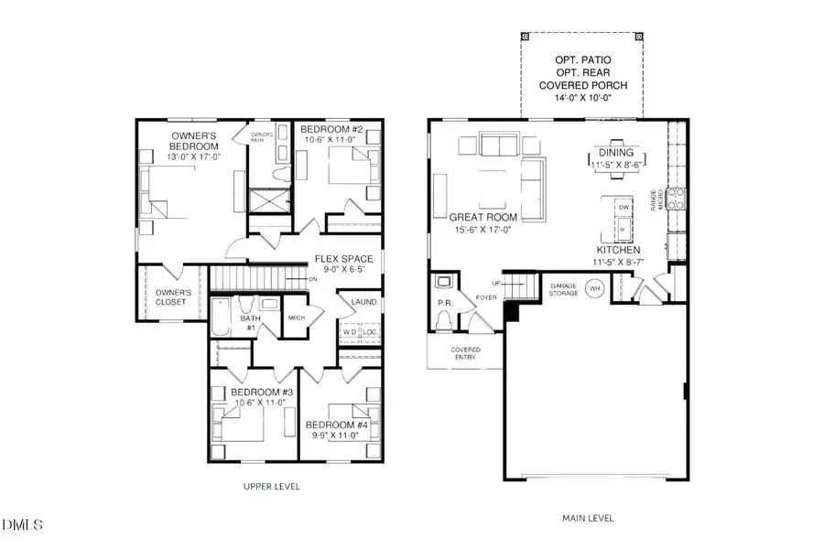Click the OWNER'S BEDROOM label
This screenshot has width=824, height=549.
tap(193, 141)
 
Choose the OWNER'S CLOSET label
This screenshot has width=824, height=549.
tap(164, 296)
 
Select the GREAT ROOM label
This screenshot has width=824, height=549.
tap(482, 217)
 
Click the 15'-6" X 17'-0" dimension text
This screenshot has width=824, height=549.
tap(482, 230)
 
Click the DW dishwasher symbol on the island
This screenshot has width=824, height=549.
tap(623, 209)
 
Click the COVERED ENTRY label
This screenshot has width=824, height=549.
tap(465, 354)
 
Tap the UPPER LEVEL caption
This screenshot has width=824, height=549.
tap(270, 486)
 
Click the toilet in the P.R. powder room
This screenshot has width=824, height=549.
tap(445, 320)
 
